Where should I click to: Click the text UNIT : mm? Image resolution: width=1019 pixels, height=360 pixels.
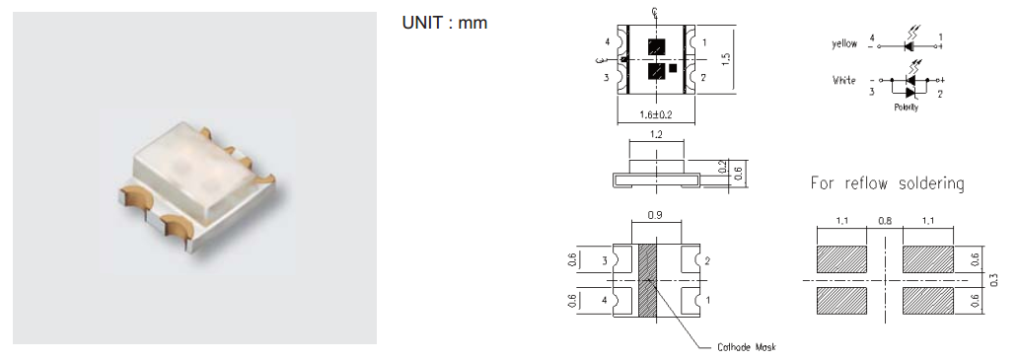pyautogui.click(x=445, y=23)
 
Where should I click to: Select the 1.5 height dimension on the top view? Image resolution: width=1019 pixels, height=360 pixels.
pyautogui.click(x=727, y=58)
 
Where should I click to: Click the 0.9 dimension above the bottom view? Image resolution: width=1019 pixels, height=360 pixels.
pyautogui.click(x=656, y=215)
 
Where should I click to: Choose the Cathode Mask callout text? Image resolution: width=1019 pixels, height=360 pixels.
pyautogui.click(x=747, y=347)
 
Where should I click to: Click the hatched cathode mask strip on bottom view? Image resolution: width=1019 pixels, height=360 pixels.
pyautogui.click(x=648, y=281)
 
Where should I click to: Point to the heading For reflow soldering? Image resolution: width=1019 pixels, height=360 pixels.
pyautogui.click(x=887, y=183)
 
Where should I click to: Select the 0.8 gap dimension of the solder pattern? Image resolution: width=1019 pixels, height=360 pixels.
pyautogui.click(x=885, y=221)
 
